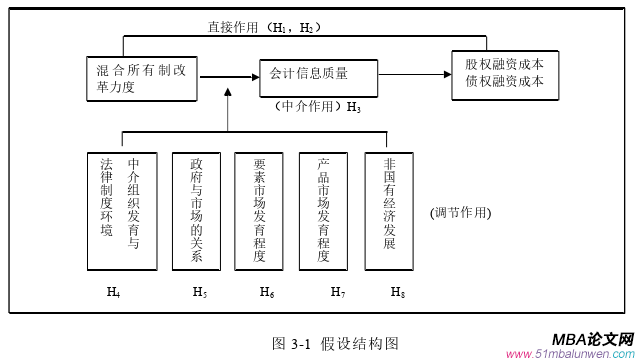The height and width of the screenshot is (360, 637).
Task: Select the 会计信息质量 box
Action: (318, 75)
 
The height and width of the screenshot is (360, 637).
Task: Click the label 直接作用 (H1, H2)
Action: (264, 28)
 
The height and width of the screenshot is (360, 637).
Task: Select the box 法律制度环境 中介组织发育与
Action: (120, 211)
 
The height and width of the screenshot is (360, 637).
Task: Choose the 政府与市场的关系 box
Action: (196, 211)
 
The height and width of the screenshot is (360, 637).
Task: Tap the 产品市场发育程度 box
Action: (325, 211)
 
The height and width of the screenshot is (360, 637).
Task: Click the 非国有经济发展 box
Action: (389, 211)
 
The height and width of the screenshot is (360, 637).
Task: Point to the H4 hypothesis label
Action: (114, 292)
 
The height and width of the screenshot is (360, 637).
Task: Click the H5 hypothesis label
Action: (200, 292)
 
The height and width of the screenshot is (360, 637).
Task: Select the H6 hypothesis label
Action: (267, 292)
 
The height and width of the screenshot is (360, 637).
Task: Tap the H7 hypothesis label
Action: (338, 292)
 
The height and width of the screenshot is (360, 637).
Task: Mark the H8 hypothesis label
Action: (398, 292)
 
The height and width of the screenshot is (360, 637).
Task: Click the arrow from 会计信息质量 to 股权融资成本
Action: (413, 73)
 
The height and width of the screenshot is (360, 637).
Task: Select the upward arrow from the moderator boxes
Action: (228, 110)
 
